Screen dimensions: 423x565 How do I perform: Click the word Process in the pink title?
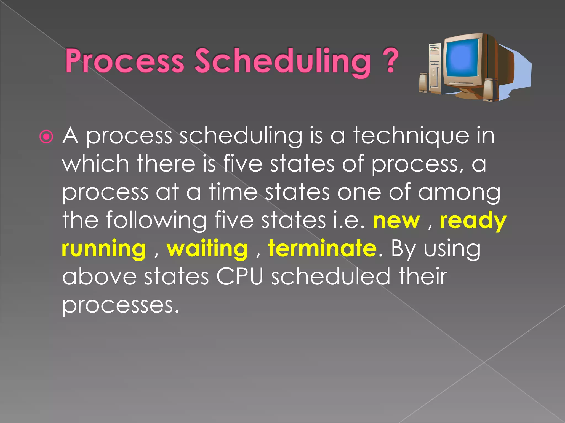124,61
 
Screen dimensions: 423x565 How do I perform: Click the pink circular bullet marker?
46,137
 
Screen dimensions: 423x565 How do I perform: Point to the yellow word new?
396,221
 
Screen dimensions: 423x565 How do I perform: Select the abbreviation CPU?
239,276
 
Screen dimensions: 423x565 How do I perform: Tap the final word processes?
121,305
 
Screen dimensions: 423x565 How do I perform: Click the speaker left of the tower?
424,83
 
